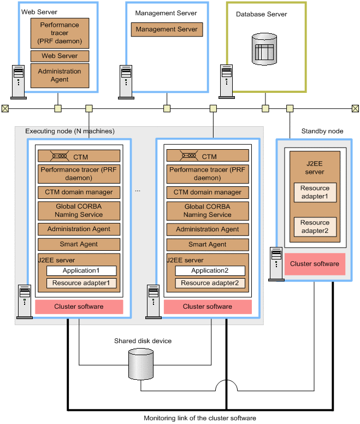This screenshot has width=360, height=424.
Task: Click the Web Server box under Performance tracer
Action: (60, 56)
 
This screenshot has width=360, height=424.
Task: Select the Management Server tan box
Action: (167, 30)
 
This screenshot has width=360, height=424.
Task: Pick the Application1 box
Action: (81, 270)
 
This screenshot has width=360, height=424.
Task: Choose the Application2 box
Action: (210, 270)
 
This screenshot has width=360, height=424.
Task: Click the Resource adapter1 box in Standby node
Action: (315, 192)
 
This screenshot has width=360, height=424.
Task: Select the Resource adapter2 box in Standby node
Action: (315, 226)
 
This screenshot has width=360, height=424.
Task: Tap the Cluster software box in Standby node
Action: (315, 264)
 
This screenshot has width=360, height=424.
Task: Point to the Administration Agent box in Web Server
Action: (60, 75)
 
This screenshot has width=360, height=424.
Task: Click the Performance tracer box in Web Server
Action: (60, 33)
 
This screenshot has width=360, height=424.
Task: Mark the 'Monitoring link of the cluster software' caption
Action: (200, 418)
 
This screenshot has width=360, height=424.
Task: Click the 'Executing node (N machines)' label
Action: (70, 131)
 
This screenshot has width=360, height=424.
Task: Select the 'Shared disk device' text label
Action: (143, 341)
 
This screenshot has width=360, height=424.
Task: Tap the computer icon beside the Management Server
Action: (126, 81)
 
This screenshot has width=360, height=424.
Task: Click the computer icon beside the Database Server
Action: (227, 81)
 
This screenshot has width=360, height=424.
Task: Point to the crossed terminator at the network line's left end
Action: (5, 108)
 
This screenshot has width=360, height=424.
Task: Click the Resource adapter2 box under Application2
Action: (210, 283)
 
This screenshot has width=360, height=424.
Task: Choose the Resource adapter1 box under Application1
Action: (81, 283)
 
